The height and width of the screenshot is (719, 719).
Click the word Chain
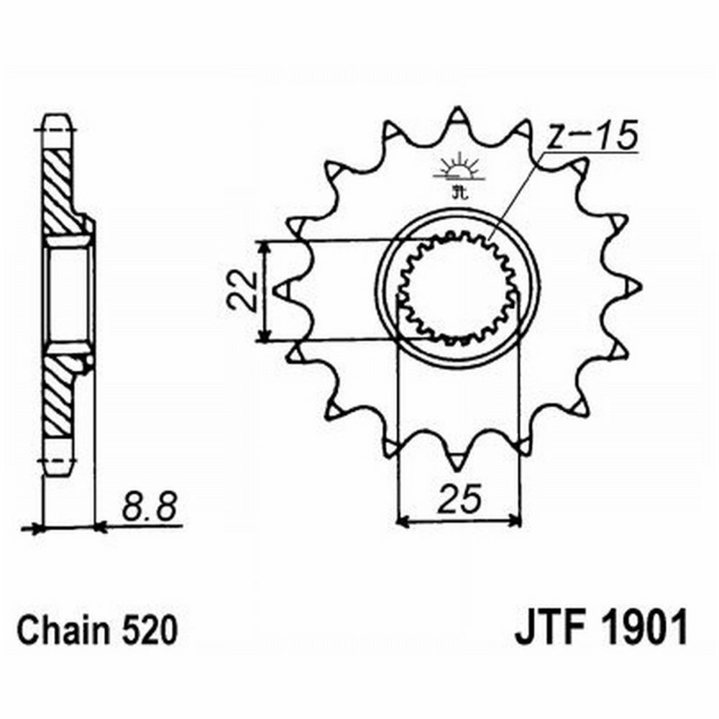tap(63, 633)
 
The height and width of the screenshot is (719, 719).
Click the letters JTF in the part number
tap(549, 629)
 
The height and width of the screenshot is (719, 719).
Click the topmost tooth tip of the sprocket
tap(458, 111)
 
